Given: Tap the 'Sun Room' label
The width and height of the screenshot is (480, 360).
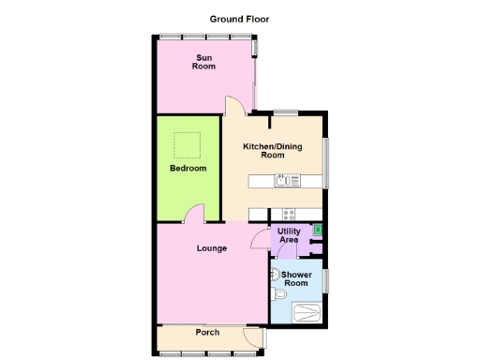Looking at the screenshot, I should [203, 63].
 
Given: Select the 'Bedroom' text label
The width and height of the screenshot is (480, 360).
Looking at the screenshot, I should [187, 169].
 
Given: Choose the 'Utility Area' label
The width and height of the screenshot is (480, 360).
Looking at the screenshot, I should [289, 235].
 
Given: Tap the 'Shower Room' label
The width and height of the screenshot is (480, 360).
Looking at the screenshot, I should [296, 279].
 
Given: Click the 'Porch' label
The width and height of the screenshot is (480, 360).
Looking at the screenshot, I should [207, 333].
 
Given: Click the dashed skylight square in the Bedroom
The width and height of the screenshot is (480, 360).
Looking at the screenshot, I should [187, 145].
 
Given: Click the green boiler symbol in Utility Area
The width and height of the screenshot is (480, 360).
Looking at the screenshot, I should [317, 229].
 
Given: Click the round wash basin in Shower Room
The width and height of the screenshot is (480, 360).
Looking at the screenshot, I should [273, 275].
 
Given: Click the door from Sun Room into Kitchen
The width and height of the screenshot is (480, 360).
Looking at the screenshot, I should [232, 106].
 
